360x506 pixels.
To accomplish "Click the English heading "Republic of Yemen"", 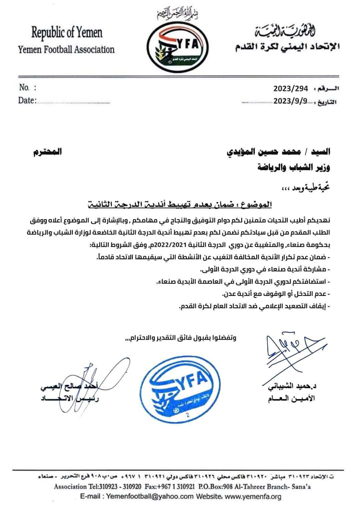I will [67, 33].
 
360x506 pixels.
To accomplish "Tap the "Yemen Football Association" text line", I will [66, 50].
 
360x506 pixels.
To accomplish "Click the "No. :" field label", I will [27, 88].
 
